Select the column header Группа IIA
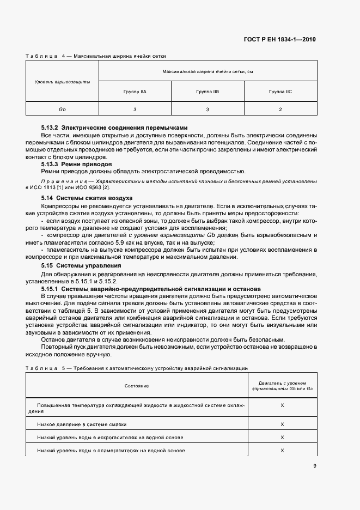(x=135, y=92)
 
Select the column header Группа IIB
(x=208, y=92)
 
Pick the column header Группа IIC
(x=280, y=92)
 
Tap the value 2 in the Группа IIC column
(x=280, y=110)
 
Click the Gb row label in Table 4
(x=62, y=110)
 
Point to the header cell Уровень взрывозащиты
(x=62, y=82)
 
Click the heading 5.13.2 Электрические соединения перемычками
(x=114, y=127)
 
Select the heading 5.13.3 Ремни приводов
(x=77, y=163)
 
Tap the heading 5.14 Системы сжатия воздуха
(x=87, y=197)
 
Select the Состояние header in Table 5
(x=137, y=386)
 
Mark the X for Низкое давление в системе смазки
(x=282, y=424)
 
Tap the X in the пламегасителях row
(x=282, y=451)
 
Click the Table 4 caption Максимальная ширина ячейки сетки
(x=120, y=56)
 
